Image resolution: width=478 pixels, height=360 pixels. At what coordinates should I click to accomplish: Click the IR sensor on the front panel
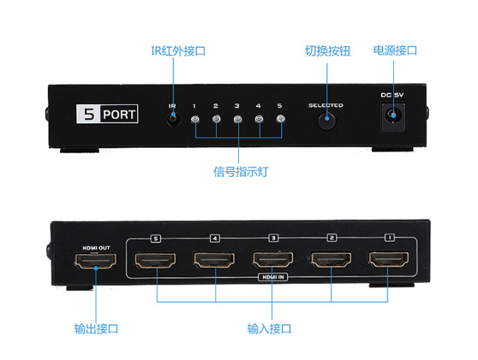point(173,118)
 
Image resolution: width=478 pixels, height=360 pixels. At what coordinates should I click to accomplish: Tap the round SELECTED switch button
point(326,119)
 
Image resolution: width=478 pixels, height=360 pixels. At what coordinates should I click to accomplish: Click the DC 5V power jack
point(392,116)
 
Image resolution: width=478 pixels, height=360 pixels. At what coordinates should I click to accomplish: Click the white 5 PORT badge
point(107,113)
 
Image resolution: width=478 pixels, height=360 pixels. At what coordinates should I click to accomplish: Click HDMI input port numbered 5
point(154,261)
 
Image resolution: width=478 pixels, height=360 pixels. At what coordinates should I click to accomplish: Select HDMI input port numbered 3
point(271,261)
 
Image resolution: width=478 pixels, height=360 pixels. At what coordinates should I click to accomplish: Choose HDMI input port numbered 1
point(388,261)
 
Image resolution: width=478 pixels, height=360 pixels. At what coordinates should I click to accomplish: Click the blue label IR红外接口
point(172,51)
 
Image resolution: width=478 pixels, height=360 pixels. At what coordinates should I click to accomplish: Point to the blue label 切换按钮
point(327,51)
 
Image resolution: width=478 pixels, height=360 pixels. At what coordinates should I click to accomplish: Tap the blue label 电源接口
point(395,51)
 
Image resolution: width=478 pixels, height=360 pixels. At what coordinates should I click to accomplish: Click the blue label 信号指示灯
point(236,172)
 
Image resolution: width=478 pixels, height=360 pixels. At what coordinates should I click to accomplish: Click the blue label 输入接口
point(269,329)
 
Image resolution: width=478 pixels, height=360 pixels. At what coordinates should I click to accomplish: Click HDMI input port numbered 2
point(330,261)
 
